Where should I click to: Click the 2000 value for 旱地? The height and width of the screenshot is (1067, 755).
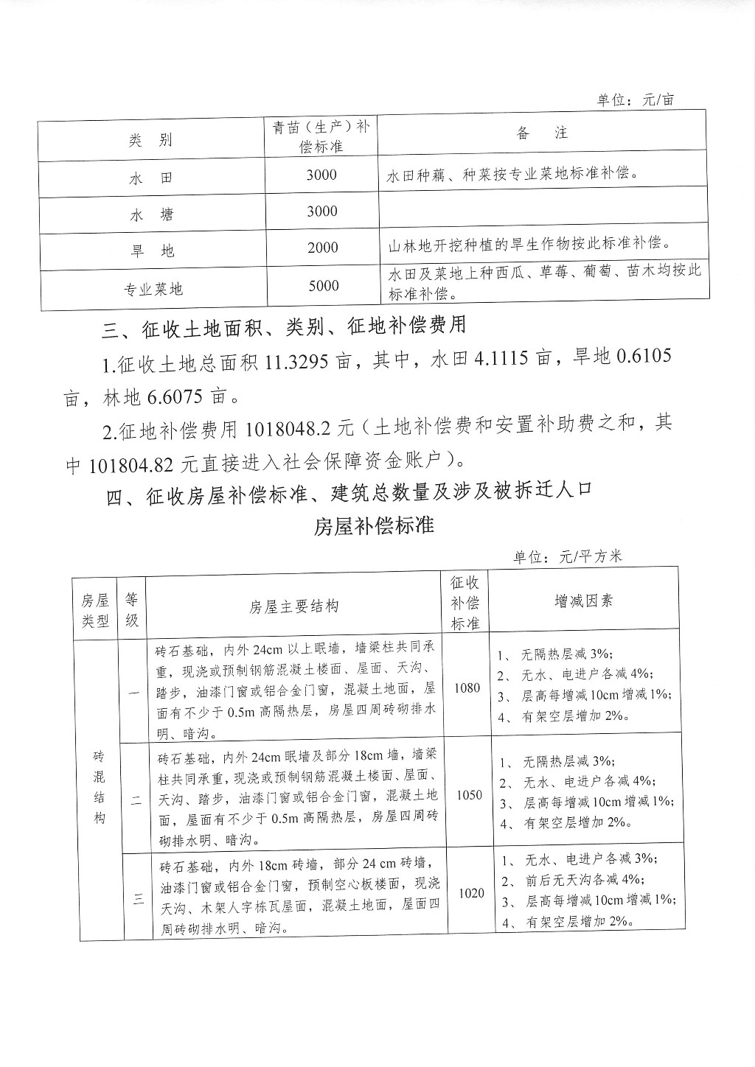pos(322,248)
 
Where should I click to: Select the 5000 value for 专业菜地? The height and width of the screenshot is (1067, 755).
pos(323,286)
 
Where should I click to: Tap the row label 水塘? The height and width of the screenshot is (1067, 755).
pos(152,215)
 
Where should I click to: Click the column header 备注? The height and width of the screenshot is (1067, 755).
pos(542,133)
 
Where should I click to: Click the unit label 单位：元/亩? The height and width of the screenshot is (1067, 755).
pos(635,99)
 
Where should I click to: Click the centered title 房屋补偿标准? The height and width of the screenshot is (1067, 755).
pos(374,526)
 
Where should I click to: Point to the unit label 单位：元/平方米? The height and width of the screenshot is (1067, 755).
pos(568,556)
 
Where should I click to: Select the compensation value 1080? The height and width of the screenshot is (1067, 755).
pos(467,688)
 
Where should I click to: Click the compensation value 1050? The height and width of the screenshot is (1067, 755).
pos(469,795)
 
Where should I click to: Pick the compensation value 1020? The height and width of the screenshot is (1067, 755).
pos(471,893)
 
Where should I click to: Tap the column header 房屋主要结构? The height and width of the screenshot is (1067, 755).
pos(294,606)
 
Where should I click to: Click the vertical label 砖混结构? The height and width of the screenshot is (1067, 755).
pos(100,787)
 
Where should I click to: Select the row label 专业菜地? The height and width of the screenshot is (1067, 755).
pos(153,289)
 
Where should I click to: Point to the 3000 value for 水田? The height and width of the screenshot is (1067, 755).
pos(321,175)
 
